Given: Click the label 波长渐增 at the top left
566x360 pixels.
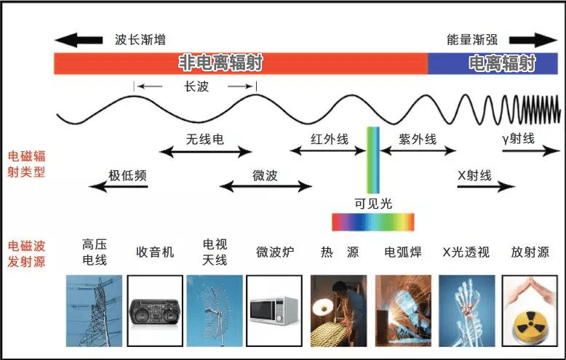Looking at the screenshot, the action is [x=140, y=39].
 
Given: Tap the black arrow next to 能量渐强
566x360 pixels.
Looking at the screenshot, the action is [x=533, y=40].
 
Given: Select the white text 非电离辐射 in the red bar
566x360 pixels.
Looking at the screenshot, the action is [x=220, y=63].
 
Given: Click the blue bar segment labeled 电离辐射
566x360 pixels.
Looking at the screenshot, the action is [x=493, y=63].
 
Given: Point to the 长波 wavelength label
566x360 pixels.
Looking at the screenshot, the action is [x=196, y=87].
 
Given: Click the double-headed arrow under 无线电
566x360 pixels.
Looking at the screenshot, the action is [x=205, y=152].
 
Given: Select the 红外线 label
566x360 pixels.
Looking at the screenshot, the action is [x=330, y=139].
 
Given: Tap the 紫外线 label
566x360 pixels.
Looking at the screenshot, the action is [x=418, y=139].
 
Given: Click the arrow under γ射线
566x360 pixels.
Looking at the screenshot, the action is [x=531, y=151].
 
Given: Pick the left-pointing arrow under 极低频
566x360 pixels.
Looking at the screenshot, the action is [x=119, y=186].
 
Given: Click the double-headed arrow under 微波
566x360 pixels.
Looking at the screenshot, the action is [x=266, y=186].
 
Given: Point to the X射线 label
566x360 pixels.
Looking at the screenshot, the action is [x=474, y=176].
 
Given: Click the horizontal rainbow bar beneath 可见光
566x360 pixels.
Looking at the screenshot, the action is [x=373, y=222].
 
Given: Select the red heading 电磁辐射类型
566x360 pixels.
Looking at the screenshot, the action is [x=26, y=164].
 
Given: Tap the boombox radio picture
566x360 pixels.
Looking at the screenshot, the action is [x=155, y=311].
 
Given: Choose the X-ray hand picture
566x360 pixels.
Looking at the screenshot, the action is [x=467, y=311].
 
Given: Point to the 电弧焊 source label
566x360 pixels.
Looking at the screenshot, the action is [x=403, y=252].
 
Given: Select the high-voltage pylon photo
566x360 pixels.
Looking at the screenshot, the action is [x=95, y=311].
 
